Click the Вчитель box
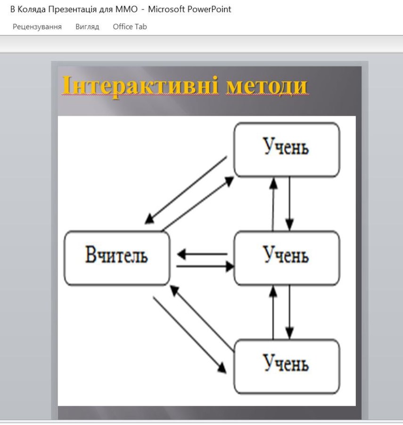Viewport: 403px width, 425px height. (117, 258)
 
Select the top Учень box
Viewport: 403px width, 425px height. (287, 150)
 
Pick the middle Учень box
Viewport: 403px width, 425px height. (287, 258)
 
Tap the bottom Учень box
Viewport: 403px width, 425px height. (287, 366)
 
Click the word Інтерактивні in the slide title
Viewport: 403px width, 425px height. (140, 85)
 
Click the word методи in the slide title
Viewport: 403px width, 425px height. (267, 86)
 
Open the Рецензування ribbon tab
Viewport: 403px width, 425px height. (37, 27)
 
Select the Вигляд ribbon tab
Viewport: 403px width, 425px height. (87, 27)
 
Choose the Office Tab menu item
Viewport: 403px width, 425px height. (130, 26)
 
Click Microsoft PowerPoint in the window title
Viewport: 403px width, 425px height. (189, 9)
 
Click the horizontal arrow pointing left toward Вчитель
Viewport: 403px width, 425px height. (202, 254)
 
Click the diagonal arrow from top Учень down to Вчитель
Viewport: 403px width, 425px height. (186, 190)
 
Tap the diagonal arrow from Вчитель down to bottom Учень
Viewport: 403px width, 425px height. (190, 335)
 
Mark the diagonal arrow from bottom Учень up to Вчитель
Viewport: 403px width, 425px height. (202, 318)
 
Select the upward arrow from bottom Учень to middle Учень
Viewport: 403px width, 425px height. (273, 312)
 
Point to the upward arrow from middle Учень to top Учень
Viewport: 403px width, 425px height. (273, 204)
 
